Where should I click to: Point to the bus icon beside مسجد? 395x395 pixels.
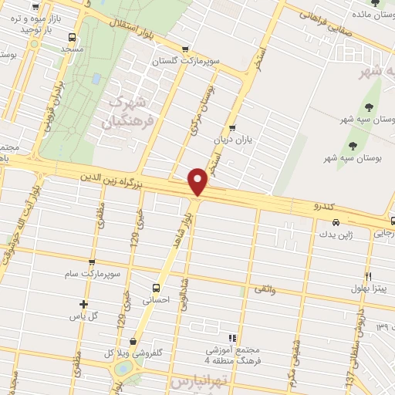point(72,37)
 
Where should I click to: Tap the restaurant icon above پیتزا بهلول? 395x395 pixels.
point(369,275)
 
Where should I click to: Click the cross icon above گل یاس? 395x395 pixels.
point(84,304)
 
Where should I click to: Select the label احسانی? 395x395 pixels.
point(156,302)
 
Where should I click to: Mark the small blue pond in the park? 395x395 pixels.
point(96,79)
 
